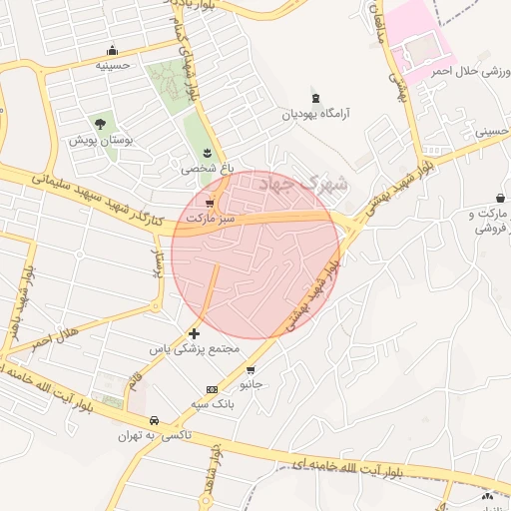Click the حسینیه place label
[x=113, y=65]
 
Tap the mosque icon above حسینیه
[x=112, y=50]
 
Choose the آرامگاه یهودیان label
[x=317, y=114]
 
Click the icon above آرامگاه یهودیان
[x=317, y=98]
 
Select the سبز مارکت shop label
[x=209, y=218]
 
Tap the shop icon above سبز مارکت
[x=209, y=202]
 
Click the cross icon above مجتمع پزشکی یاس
[x=194, y=331]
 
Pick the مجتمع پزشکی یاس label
[x=195, y=349]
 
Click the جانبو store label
[x=251, y=383]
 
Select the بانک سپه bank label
[x=212, y=404]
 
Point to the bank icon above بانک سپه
[x=212, y=389]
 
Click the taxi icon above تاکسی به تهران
[x=154, y=420]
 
